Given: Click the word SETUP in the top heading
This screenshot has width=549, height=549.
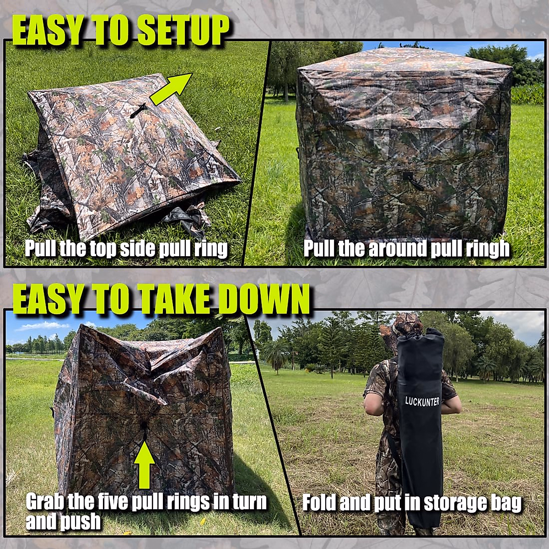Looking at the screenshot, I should point(183,31).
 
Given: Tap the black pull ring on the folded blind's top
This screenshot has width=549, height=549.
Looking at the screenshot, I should point(138,110).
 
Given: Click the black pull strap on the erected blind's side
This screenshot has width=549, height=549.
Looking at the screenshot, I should point(413,181).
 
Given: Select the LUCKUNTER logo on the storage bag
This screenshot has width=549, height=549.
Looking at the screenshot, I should point(422,401).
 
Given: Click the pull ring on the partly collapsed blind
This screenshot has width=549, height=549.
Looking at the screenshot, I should point(145,428).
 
